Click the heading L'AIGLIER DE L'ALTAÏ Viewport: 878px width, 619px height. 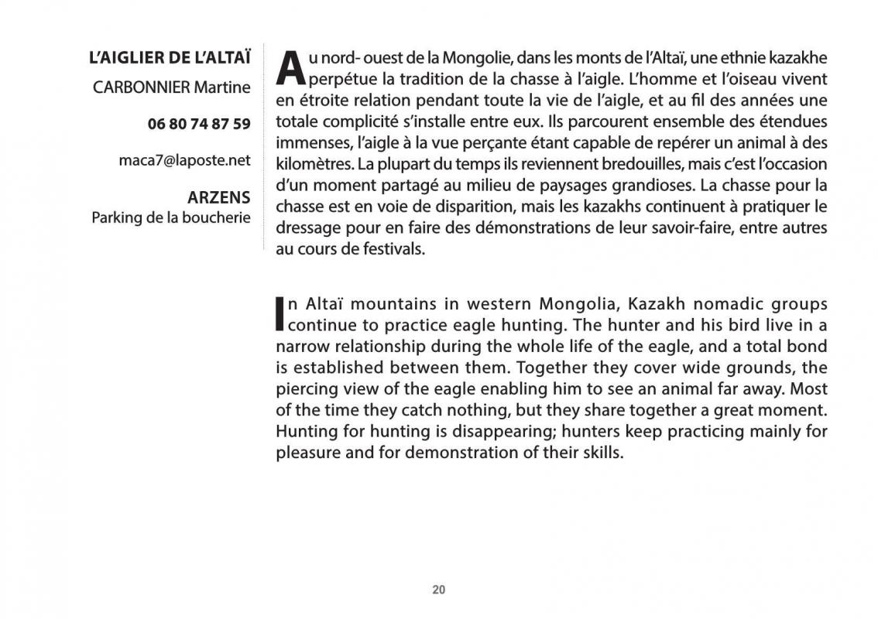(x=170, y=58)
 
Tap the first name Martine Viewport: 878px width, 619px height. (x=222, y=87)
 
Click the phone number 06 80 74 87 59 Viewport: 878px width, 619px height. (x=199, y=124)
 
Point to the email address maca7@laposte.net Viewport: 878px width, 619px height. (x=185, y=160)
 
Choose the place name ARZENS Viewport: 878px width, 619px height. (x=219, y=197)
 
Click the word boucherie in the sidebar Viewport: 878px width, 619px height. (x=216, y=217)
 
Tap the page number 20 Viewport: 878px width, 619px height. (x=439, y=590)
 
